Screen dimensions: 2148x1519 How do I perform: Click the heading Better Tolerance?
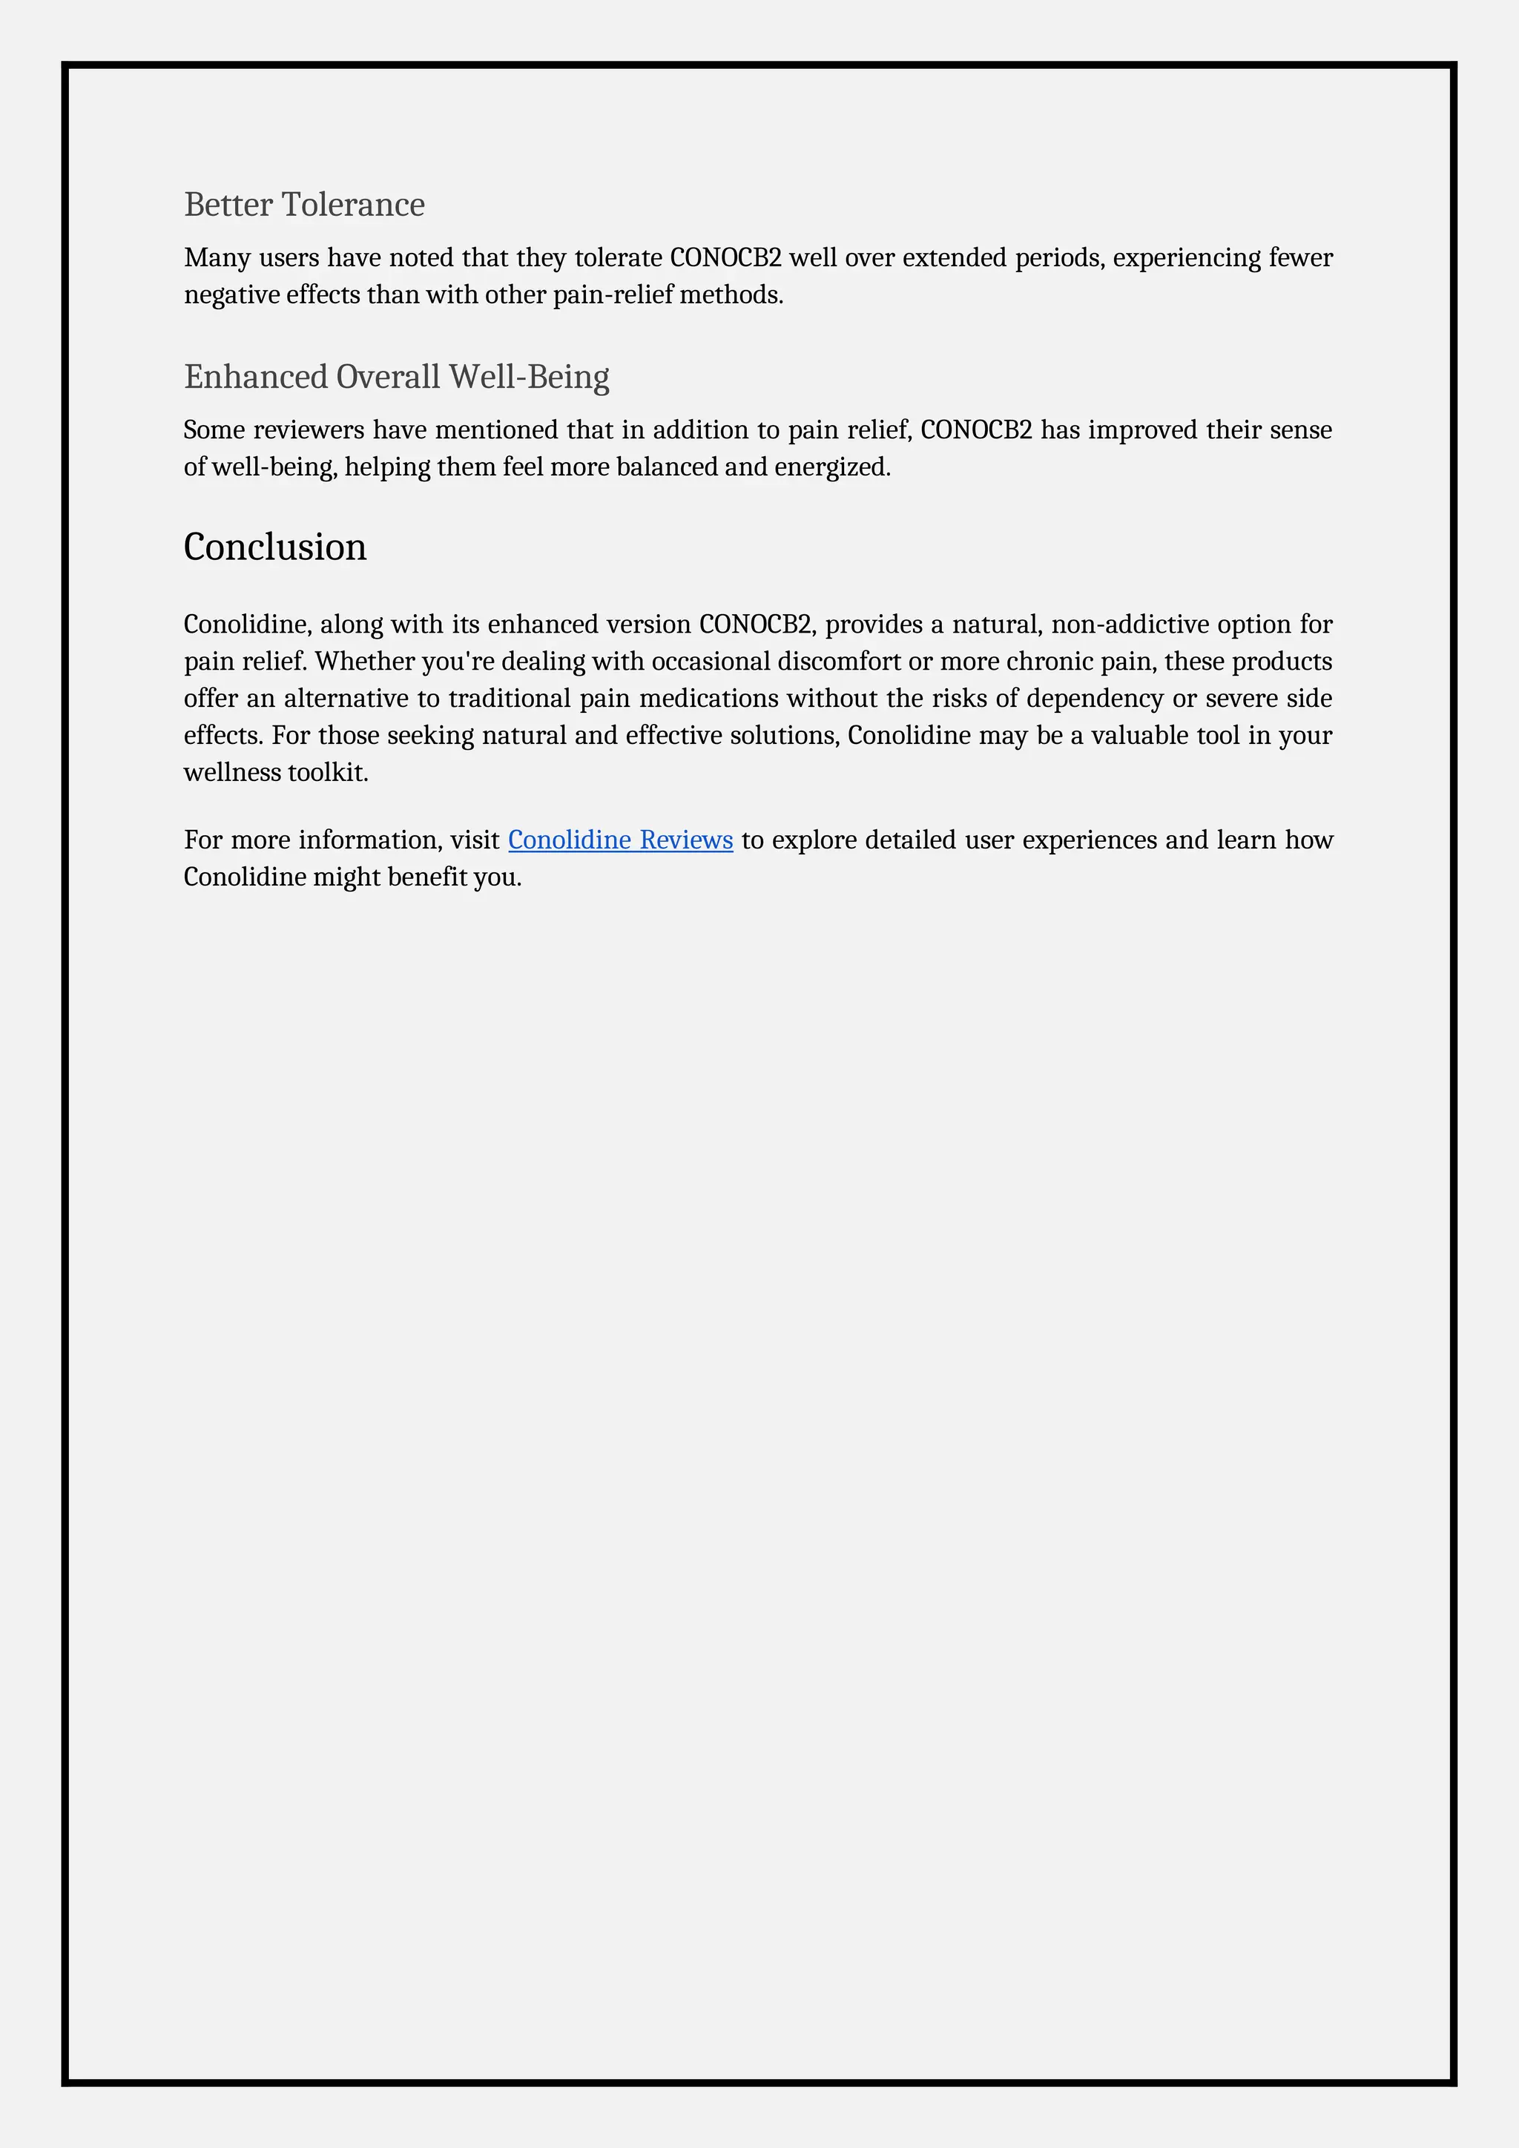(x=304, y=204)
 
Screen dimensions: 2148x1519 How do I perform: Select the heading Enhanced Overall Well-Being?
(x=397, y=376)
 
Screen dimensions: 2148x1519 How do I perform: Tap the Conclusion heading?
(x=275, y=547)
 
